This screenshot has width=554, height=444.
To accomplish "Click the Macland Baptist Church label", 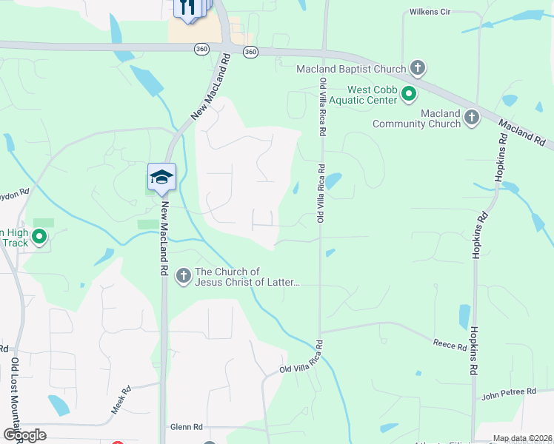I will (x=351, y=70).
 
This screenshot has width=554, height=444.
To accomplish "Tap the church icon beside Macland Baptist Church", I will (x=418, y=69).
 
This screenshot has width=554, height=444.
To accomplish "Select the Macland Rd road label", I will (x=521, y=133).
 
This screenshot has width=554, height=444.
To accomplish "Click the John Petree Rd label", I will (x=508, y=391).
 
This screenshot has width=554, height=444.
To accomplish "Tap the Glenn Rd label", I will (x=186, y=427).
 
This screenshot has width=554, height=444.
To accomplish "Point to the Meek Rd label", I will (x=121, y=399).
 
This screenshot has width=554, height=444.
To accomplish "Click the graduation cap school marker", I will (x=161, y=178).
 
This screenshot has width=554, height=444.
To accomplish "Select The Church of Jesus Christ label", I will (x=247, y=277).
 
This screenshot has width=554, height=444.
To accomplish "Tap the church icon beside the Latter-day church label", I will (x=183, y=277).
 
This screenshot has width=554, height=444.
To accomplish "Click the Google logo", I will (x=24, y=434).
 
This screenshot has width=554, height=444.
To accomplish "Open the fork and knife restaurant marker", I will (x=187, y=7).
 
